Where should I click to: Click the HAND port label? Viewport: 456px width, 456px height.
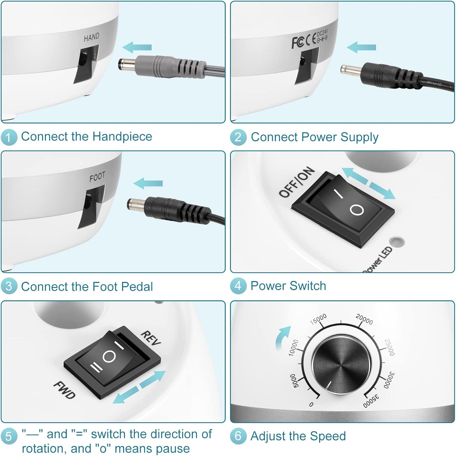pyautogui.click(x=92, y=37)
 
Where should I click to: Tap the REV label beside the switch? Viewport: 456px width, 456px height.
pyautogui.click(x=151, y=338)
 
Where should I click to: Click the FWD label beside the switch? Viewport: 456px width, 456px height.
pyautogui.click(x=64, y=390)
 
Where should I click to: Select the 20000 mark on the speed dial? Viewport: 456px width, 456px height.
pyautogui.click(x=364, y=319)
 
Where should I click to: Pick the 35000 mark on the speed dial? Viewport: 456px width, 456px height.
pyautogui.click(x=371, y=401)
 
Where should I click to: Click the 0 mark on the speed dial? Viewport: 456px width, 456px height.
pyautogui.click(x=311, y=404)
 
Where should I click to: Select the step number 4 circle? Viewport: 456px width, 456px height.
pyautogui.click(x=238, y=286)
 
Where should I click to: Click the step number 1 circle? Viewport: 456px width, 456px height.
pyautogui.click(x=9, y=137)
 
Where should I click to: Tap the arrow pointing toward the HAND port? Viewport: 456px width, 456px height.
pyautogui.click(x=137, y=47)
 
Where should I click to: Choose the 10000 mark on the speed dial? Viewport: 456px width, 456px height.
pyautogui.click(x=293, y=347)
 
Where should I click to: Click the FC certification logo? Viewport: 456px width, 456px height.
pyautogui.click(x=298, y=43)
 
